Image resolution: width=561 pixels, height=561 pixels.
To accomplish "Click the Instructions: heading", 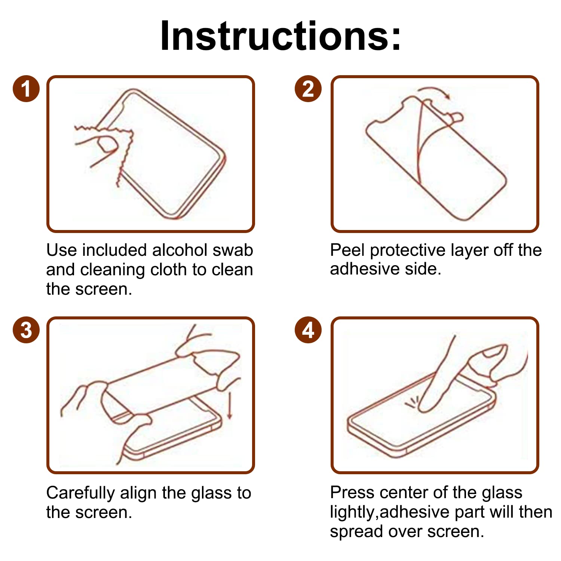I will [280, 36].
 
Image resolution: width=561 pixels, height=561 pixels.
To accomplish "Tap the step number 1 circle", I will [26, 89].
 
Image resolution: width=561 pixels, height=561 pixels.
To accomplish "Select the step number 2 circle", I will [308, 89].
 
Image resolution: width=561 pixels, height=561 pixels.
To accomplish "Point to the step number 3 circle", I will [26, 330].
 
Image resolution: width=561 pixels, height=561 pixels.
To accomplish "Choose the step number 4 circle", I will [308, 330].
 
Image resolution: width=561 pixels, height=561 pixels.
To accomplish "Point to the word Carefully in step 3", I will [80, 493].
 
